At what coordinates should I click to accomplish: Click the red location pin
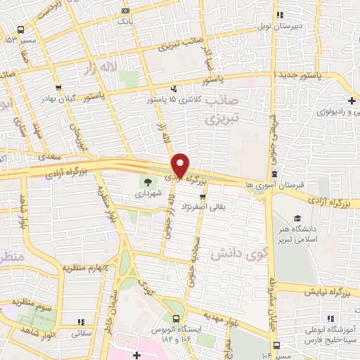181,165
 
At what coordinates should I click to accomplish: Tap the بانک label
125,21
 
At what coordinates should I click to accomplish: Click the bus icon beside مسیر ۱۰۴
277,346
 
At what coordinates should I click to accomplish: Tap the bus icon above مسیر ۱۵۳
20,30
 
